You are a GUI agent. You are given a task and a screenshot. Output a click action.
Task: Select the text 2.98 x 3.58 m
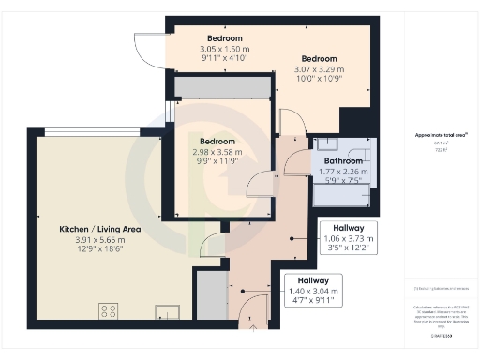[213, 152]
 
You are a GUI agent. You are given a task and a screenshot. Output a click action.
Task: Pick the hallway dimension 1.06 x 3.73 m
[349, 239]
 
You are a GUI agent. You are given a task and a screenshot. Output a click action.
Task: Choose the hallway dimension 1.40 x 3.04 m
[313, 292]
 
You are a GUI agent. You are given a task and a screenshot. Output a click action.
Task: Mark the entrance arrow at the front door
[250, 327]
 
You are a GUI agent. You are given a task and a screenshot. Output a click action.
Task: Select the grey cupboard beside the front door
[213, 298]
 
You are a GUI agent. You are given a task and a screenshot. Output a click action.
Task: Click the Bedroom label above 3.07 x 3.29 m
[318, 58]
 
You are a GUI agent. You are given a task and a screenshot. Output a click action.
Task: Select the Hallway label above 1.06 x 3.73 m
[349, 228]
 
